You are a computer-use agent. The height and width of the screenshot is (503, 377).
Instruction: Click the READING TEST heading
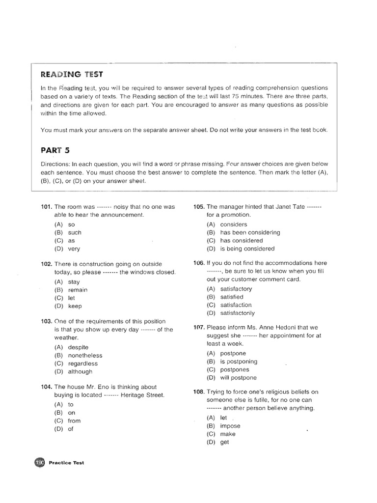pos(72,74)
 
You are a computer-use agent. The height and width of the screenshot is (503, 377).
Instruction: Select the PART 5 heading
pos(55,150)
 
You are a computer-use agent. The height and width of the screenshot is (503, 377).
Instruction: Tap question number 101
pos(46,207)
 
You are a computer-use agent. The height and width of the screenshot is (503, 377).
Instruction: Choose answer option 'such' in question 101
pos(75,232)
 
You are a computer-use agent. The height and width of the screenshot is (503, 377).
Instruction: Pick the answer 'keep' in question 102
pos(75,306)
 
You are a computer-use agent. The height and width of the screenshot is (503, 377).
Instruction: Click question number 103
pos(46,321)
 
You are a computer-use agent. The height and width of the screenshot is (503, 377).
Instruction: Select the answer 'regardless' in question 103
pos(83,363)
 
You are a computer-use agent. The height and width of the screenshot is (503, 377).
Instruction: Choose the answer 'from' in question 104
pos(75,421)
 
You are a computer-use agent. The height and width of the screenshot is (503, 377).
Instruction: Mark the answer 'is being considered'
pos(247,249)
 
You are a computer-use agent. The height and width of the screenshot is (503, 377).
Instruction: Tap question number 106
pos(199,263)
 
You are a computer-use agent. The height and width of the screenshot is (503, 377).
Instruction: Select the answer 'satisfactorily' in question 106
pos(238,313)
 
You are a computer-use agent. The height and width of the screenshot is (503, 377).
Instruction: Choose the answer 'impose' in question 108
pos(230,426)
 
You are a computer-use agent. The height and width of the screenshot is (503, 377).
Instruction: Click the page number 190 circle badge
pos(40,462)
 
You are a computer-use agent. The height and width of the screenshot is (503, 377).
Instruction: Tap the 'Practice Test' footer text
pos(66,463)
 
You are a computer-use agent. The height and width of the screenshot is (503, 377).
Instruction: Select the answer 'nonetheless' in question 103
pos(85,355)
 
